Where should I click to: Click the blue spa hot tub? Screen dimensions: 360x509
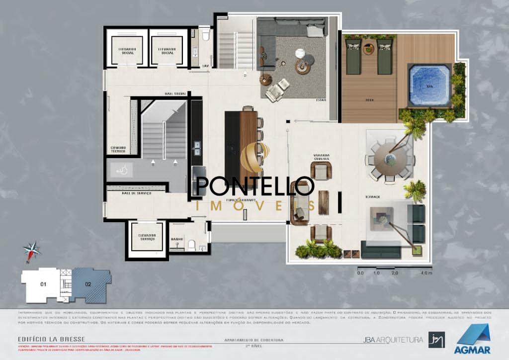pos(428,85)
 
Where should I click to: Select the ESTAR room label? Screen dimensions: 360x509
pos(321,100)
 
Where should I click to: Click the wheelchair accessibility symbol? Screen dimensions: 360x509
pos(119,170)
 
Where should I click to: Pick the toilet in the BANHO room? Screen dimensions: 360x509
pos(191,245)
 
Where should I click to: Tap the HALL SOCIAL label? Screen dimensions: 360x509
pos(175,93)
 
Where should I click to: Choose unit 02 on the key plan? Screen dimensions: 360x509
pos(88,285)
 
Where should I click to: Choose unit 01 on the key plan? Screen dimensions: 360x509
pos(43,284)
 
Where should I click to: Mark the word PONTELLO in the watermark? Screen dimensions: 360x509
pos(255,186)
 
